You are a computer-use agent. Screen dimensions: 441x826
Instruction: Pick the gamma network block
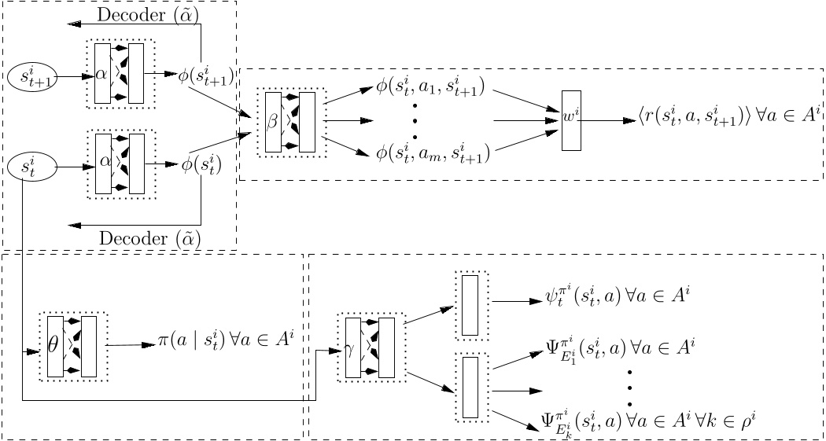(x=370, y=347)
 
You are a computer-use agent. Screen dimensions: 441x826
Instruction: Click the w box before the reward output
(x=572, y=120)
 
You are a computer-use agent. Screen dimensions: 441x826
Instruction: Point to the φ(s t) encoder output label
(x=201, y=166)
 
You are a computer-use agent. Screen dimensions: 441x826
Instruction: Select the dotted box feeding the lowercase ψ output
(x=470, y=305)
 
